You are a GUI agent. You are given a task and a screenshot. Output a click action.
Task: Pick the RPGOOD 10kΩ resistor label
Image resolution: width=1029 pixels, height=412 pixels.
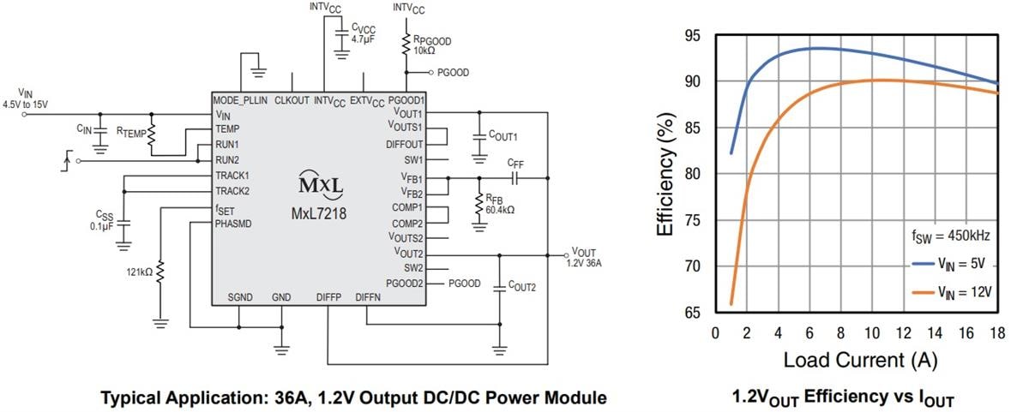click(x=430, y=45)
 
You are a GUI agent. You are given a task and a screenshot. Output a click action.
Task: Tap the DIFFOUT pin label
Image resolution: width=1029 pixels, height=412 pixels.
click(x=406, y=144)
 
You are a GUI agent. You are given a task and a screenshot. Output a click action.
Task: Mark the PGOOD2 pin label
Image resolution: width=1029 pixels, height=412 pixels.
click(x=405, y=283)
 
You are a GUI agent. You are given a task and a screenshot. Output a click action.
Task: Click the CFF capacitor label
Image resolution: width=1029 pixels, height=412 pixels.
click(x=515, y=163)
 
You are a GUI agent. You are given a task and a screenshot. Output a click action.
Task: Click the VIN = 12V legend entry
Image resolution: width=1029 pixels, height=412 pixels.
click(x=961, y=291)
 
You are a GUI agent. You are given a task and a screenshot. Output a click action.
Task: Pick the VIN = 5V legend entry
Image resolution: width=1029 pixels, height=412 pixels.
click(x=960, y=266)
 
